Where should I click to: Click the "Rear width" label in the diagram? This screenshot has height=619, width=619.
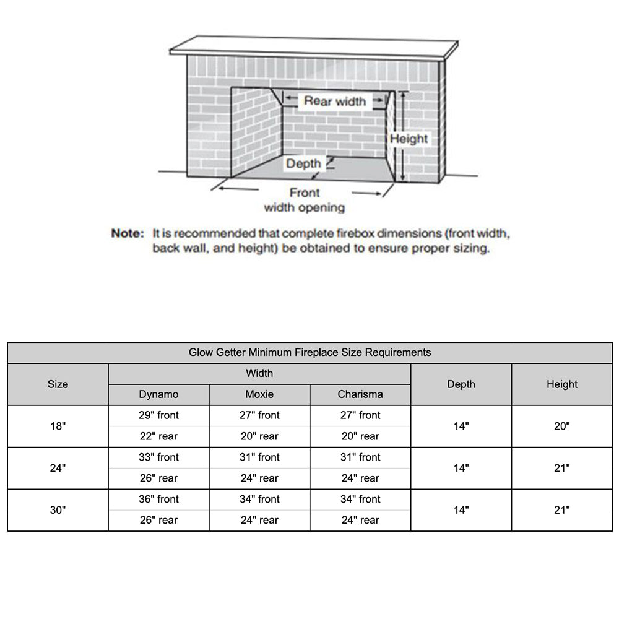click(334, 101)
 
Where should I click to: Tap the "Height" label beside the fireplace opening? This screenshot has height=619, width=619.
click(409, 139)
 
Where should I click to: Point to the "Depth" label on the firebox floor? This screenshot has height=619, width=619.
click(303, 163)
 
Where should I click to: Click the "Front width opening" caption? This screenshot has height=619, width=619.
click(304, 201)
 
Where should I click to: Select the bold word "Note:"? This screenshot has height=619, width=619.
click(128, 234)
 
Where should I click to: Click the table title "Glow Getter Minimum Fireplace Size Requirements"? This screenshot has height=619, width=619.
click(309, 353)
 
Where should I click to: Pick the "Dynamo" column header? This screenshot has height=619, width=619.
click(158, 394)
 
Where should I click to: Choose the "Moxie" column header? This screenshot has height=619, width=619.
click(259, 394)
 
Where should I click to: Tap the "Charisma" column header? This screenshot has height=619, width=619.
click(360, 394)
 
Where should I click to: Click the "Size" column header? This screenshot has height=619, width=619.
click(58, 384)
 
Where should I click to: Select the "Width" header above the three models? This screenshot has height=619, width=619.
click(259, 373)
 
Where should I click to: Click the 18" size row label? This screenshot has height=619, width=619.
click(58, 426)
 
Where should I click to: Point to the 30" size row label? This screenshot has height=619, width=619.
click(58, 510)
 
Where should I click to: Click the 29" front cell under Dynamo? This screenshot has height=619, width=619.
click(158, 415)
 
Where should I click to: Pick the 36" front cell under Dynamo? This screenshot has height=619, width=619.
click(158, 499)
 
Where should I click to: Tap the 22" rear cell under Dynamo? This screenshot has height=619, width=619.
click(158, 436)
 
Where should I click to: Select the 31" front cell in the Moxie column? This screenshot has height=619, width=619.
click(259, 457)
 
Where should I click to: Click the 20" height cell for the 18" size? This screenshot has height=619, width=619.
click(561, 426)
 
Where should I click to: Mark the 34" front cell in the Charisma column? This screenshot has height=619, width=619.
click(360, 499)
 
